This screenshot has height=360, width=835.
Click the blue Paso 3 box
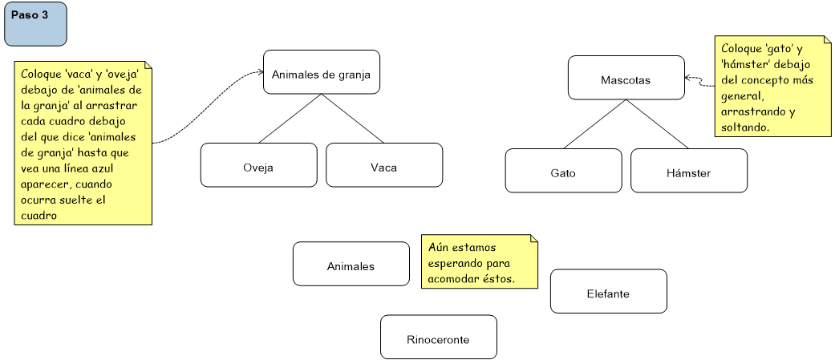35,24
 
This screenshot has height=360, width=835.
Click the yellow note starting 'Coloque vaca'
83,143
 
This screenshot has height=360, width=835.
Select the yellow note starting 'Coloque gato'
772,86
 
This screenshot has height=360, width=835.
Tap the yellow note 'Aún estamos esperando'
479,261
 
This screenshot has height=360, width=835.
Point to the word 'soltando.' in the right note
745,127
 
